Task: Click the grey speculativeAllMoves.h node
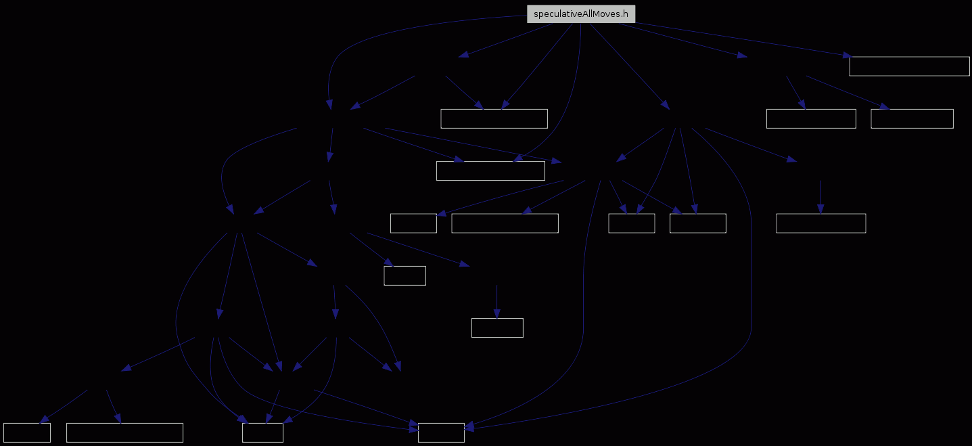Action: tap(581, 14)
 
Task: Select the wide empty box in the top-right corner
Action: tap(909, 66)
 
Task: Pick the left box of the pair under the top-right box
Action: tap(811, 118)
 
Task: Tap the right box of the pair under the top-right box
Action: tap(912, 118)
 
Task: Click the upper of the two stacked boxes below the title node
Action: tap(494, 118)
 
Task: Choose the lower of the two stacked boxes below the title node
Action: tap(491, 171)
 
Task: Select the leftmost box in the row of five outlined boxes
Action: tap(413, 223)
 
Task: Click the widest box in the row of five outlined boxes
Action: tap(505, 223)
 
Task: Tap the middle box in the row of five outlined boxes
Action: tap(632, 223)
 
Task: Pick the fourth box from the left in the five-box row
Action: tap(698, 223)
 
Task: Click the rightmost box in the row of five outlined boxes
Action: tap(821, 223)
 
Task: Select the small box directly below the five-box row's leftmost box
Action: tap(405, 275)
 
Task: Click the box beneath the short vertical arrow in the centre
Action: tap(497, 328)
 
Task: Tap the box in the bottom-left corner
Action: tap(27, 432)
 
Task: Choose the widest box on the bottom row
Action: tap(125, 432)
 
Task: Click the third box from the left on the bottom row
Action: tap(263, 432)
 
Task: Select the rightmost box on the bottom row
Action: tap(441, 432)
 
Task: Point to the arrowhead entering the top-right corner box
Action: tap(848, 55)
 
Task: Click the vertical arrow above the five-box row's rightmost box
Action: tap(820, 197)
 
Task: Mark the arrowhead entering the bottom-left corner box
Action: tap(44, 419)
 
